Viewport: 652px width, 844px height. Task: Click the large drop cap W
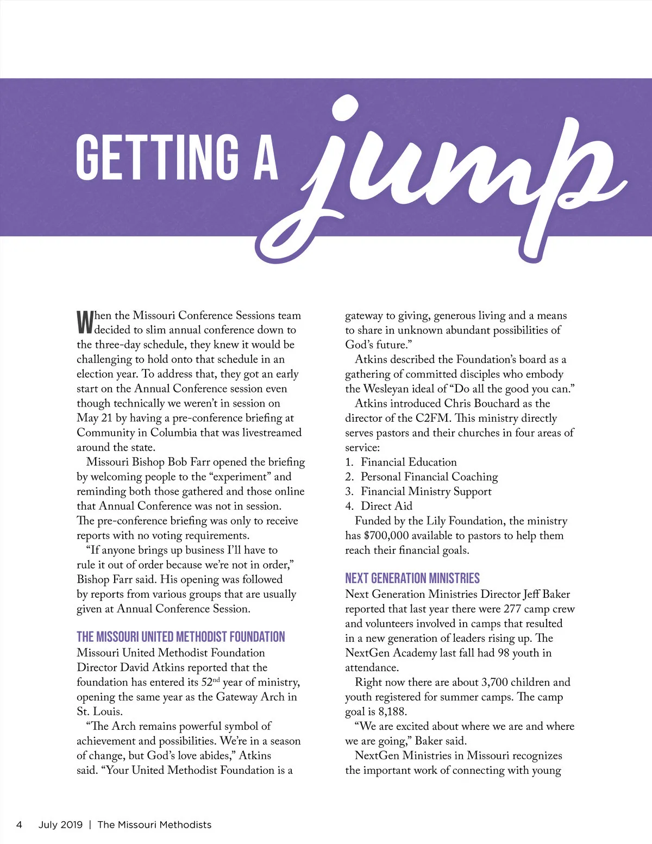(85, 322)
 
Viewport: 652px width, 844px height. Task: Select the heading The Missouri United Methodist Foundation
(180, 637)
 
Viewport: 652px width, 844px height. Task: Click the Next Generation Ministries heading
(412, 578)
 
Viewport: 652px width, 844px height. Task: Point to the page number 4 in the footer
(19, 824)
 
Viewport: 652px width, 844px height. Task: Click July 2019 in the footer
(60, 824)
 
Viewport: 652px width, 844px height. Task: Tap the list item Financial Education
(409, 462)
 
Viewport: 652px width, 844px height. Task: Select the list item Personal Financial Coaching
(429, 477)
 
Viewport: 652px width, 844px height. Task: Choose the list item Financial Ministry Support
(426, 491)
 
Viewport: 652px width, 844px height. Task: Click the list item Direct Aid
(386, 506)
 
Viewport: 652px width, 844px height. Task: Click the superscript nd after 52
(216, 679)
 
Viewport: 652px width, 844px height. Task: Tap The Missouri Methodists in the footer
(154, 824)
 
